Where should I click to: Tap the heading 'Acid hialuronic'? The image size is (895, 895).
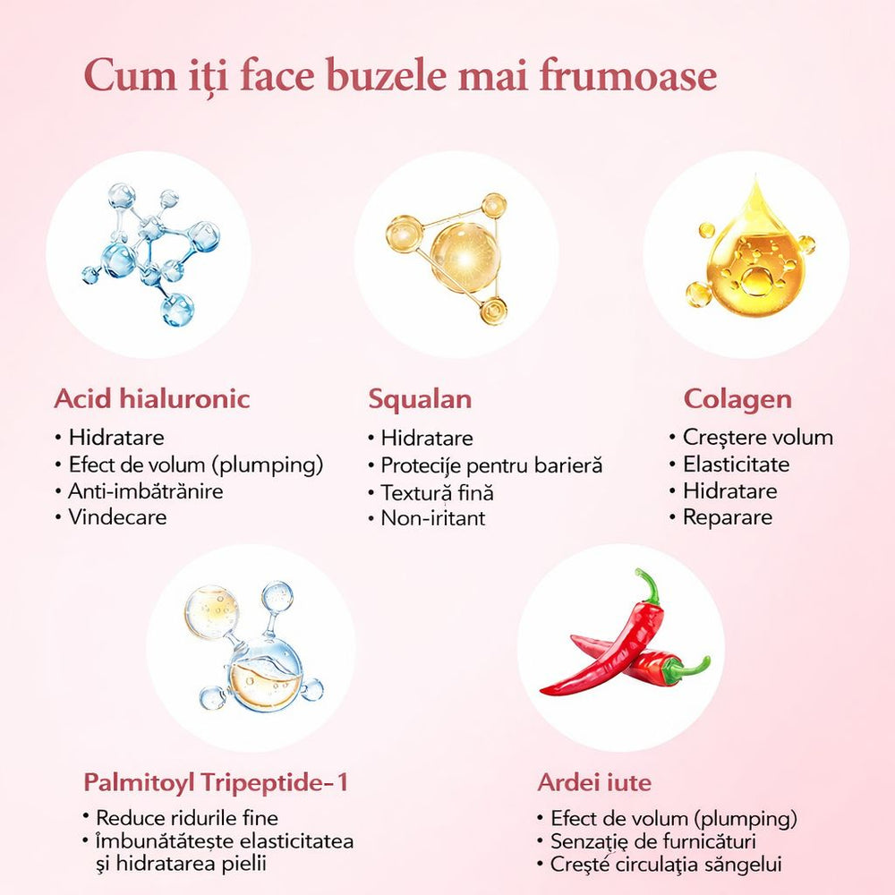[151, 398]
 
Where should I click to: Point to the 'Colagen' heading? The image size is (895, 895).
[737, 398]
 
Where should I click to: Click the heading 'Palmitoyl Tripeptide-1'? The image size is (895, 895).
[215, 782]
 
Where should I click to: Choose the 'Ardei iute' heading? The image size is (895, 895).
[594, 782]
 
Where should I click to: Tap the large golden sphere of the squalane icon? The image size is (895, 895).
[459, 255]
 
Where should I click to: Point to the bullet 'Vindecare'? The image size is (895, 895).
[117, 516]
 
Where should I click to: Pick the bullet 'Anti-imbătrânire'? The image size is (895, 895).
[146, 490]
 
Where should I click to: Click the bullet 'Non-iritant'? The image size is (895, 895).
[433, 517]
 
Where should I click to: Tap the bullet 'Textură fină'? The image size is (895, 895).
[437, 491]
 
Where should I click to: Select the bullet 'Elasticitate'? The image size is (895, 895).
[736, 464]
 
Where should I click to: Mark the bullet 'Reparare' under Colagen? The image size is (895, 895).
[727, 516]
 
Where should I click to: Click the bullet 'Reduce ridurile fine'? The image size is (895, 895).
[186, 818]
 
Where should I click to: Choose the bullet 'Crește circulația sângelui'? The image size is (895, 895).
[666, 865]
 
